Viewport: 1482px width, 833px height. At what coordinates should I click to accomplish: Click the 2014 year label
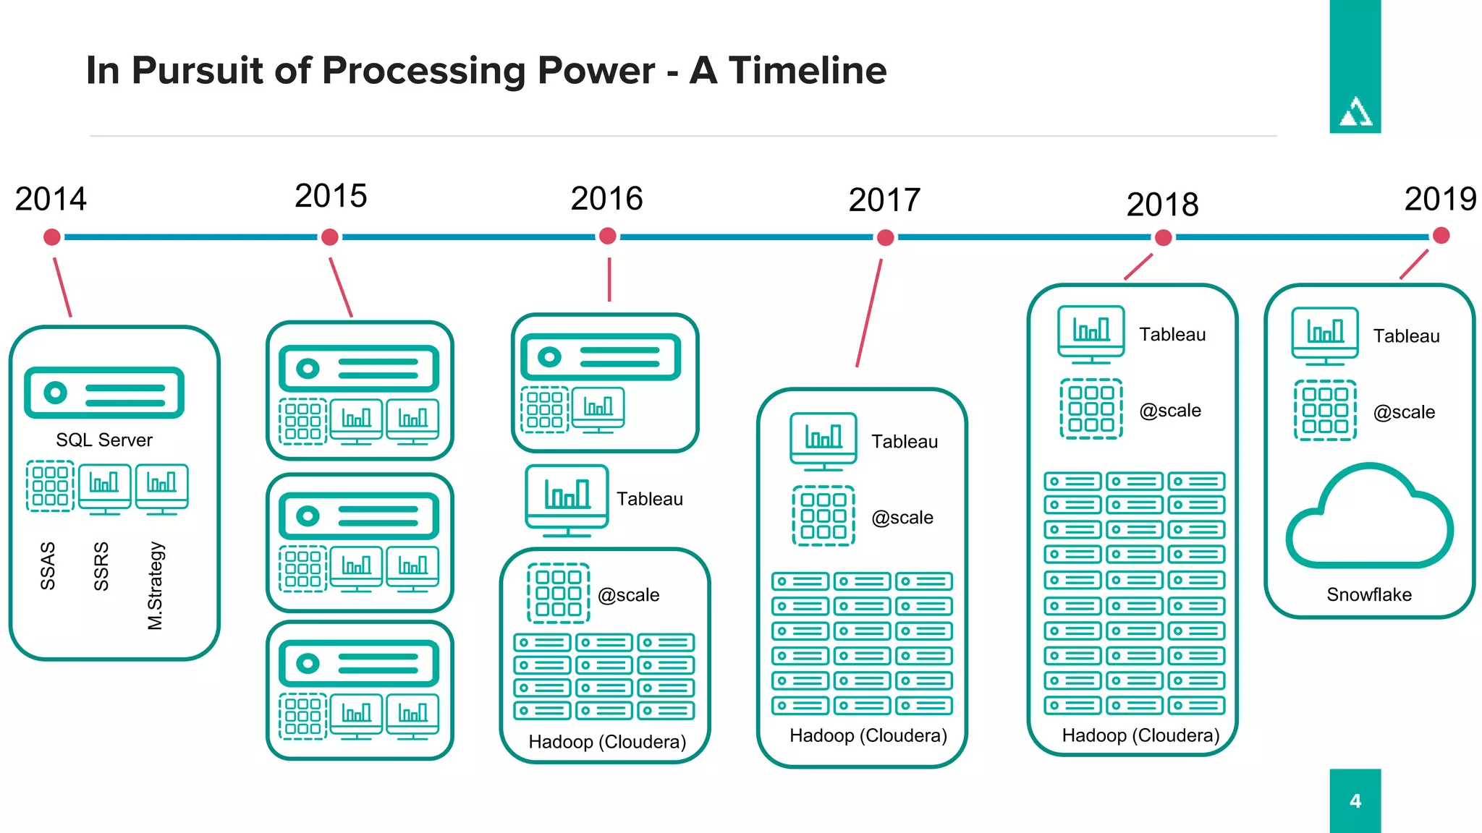pos(51,199)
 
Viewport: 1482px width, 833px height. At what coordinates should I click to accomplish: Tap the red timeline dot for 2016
pos(608,236)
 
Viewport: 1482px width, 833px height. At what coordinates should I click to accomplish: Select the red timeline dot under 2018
pos(1163,237)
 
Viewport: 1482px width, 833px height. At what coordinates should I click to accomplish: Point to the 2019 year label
pos(1440,199)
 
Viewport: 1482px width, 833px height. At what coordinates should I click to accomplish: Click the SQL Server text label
pos(104,440)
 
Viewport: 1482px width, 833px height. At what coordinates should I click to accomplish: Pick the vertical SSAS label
pos(48,565)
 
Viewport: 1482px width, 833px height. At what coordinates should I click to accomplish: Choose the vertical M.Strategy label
pos(156,586)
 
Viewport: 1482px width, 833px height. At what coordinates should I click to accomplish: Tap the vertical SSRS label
pos(101,565)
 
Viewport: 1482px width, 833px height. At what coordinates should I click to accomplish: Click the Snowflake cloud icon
pos(1369,517)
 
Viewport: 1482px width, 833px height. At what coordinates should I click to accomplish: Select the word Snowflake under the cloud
pos(1369,594)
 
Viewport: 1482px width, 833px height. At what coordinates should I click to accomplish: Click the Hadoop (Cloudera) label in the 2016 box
pos(607,742)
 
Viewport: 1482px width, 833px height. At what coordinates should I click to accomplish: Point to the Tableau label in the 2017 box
pos(905,441)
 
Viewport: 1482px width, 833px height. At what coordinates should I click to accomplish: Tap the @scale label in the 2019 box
pos(1404,412)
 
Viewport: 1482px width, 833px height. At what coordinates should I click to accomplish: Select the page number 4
pos(1355,801)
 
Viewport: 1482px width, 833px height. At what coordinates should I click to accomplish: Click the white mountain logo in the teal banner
pos(1355,112)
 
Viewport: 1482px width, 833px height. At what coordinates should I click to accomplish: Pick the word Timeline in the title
pos(807,70)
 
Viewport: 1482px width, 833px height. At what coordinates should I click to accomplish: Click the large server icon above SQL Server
pos(104,393)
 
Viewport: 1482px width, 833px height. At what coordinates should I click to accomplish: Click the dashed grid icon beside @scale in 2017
pos(823,516)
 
